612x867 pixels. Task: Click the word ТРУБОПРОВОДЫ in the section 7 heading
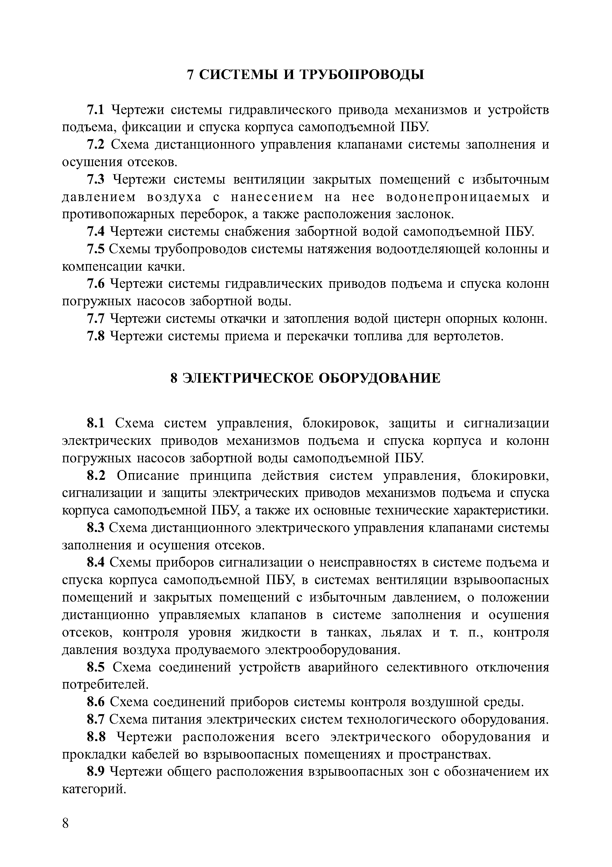[362, 75]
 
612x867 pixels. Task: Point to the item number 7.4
[95, 232]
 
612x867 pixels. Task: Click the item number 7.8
[95, 336]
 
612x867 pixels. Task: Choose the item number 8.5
[96, 667]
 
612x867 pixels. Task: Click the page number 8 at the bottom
[66, 823]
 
